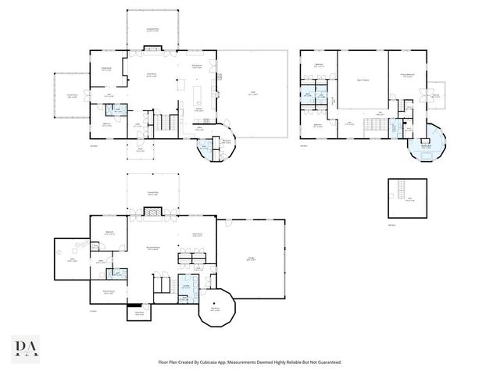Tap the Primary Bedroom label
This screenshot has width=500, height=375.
(408, 77)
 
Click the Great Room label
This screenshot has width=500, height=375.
(153, 75)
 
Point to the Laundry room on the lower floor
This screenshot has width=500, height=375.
(187, 285)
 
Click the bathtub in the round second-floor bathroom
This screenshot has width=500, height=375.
(428, 155)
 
